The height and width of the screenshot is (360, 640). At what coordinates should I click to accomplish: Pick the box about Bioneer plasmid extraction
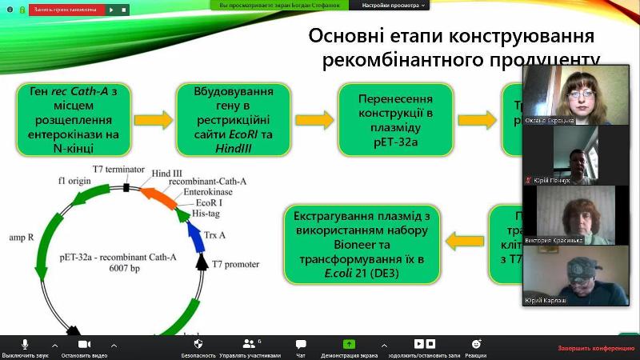coord(362,243)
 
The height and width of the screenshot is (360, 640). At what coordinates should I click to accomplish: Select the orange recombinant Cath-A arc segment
coord(158,198)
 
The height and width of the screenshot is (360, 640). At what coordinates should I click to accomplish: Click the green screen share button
coord(349,343)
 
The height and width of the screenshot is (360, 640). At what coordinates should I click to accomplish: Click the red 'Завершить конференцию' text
coord(595,348)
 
